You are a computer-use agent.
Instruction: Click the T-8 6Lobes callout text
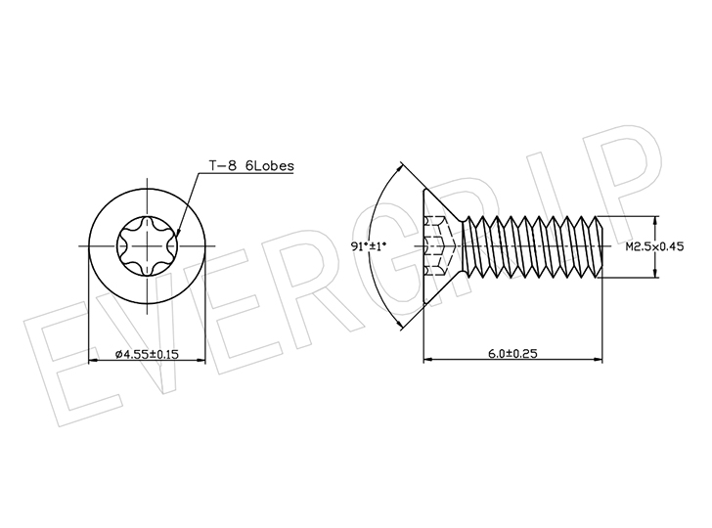(251, 165)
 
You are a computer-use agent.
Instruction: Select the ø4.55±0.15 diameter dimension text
(147, 354)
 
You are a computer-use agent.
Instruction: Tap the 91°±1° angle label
(369, 246)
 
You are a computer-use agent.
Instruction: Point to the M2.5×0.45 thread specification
(654, 246)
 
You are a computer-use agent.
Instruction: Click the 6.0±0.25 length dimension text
(512, 353)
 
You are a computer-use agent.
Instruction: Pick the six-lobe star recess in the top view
(147, 246)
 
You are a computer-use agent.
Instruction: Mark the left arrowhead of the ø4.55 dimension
(93, 361)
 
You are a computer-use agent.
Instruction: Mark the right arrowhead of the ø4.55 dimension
(200, 361)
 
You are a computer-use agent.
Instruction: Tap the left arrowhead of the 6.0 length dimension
(428, 360)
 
